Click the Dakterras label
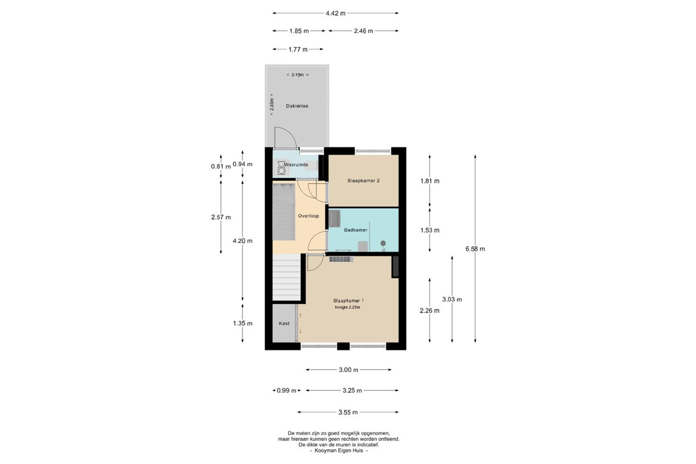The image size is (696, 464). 297,106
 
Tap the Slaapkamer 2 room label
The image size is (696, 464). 363,180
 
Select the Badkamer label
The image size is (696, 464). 356,230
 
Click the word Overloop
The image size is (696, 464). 308,216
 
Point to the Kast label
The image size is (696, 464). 284,323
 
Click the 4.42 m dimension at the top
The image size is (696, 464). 335,13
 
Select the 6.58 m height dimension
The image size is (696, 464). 475,249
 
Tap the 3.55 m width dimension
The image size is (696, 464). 348,412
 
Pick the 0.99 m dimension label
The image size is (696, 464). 287,391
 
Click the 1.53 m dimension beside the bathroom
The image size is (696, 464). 430,230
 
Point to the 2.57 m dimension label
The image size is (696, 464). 221,217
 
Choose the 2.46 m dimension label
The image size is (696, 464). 363,31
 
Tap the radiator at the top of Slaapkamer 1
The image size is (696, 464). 341,259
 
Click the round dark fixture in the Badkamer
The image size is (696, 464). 383,244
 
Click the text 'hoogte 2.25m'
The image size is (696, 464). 347,307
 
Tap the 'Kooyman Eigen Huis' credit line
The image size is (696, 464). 339,451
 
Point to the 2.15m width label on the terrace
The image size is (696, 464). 298,75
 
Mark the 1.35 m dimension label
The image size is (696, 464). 242,324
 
